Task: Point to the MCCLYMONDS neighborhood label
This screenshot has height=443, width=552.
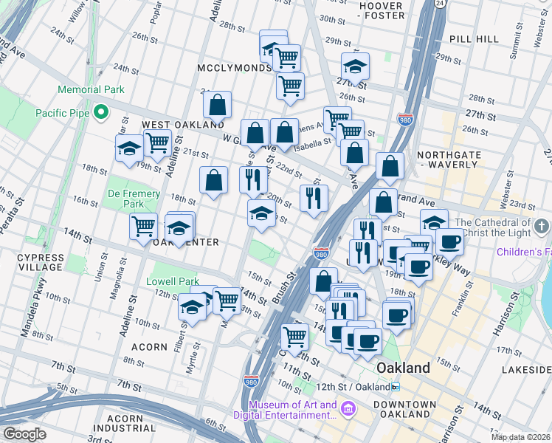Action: pyautogui.click(x=235, y=68)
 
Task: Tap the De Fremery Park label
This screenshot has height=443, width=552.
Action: pyautogui.click(x=134, y=198)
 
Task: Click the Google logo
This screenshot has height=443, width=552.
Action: pyautogui.click(x=24, y=434)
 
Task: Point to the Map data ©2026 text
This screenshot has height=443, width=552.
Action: pyautogui.click(x=520, y=436)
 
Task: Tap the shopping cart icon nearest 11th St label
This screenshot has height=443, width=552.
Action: pyautogui.click(x=295, y=337)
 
